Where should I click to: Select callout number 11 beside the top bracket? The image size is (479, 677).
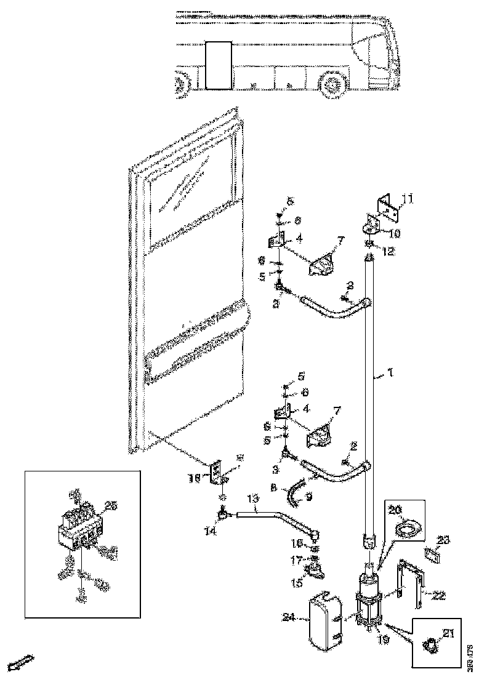tap(408, 198)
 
